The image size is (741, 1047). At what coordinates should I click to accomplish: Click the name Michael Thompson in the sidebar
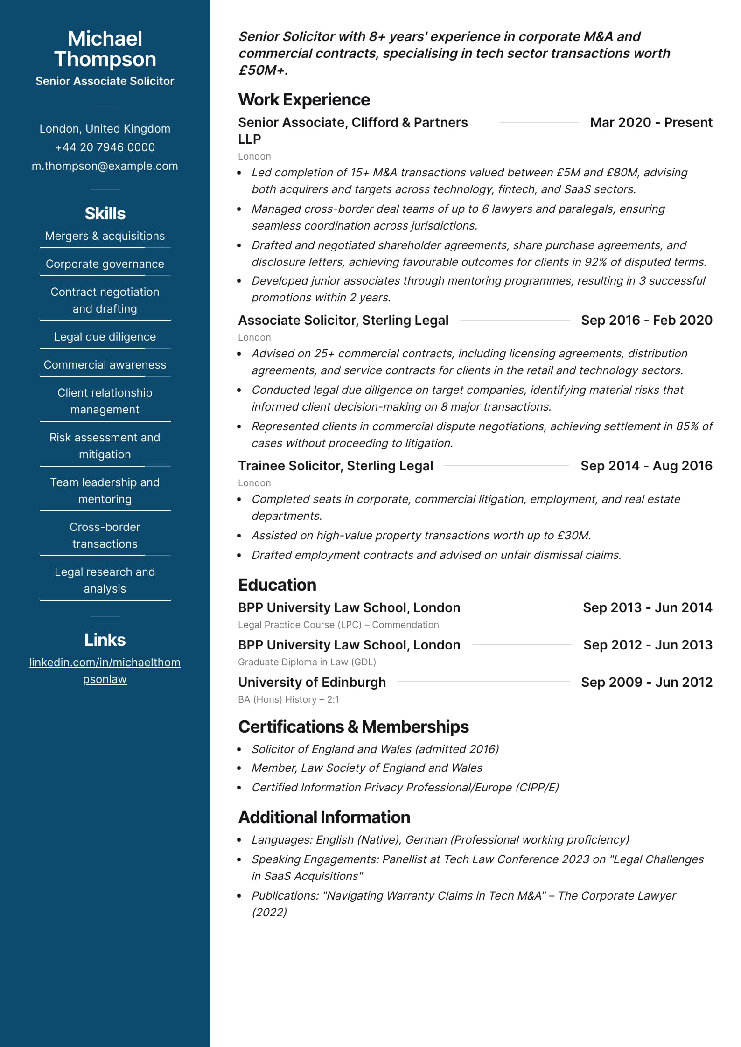pos(105,49)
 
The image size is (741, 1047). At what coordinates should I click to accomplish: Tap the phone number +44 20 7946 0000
pos(105,147)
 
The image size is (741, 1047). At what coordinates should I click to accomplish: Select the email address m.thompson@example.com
pos(105,166)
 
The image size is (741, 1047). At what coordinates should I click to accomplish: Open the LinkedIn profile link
pos(105,670)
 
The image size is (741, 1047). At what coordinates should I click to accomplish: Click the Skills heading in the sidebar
pos(105,214)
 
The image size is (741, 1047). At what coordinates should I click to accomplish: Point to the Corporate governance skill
pos(105,264)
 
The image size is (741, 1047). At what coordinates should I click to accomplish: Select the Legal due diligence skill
pos(105,337)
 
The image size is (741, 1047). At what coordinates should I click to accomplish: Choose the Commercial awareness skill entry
pos(105,365)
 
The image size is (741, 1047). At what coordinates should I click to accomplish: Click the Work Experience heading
pos(304,100)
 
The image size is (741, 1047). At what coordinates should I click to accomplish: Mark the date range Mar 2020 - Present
pos(651,122)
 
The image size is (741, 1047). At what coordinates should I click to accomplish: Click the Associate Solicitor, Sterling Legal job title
pos(343,320)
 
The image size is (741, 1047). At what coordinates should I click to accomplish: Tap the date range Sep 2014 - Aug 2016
pos(646,466)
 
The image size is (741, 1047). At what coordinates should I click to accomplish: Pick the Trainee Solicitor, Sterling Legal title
pos(336,466)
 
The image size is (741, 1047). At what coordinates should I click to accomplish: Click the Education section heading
pos(277,585)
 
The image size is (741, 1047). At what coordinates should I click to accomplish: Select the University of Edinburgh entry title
pos(312,682)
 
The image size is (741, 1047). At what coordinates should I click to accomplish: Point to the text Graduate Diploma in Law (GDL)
pos(307,662)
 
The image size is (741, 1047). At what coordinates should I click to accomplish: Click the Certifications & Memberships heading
pos(353,727)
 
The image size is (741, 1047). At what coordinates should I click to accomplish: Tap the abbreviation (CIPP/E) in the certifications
pos(537,788)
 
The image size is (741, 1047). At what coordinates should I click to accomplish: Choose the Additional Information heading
pos(324,817)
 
